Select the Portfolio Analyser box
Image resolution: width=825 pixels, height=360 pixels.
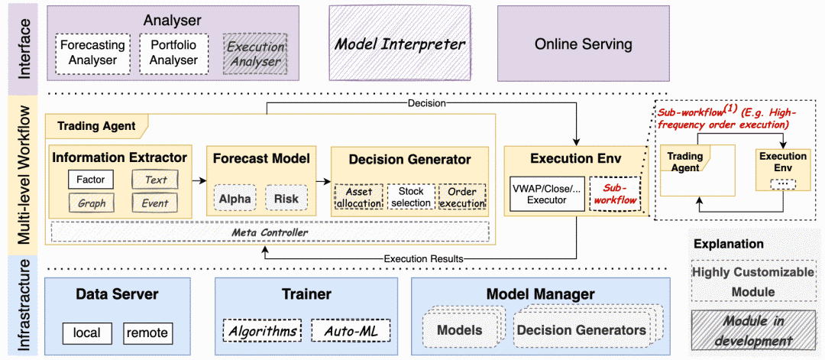pos(173,54)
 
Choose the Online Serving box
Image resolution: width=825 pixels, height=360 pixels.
pos(583,44)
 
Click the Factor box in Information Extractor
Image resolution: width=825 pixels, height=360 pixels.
pos(90,180)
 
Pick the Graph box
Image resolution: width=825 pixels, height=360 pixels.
pos(90,203)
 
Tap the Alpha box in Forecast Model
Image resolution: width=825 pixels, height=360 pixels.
pos(235,198)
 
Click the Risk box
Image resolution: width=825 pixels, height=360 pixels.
pos(286,198)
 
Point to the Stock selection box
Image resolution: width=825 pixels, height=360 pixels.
pos(410,196)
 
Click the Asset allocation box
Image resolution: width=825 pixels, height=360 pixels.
pos(359,196)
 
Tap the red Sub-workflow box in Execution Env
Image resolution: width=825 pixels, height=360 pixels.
pos(614,193)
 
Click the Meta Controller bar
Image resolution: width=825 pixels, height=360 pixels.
pos(270,232)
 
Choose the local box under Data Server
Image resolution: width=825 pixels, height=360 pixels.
pos(89,332)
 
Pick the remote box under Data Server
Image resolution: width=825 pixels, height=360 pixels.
pos(148,332)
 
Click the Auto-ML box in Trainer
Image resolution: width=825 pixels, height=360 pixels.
pos(350,332)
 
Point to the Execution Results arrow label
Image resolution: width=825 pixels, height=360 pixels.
pos(423,258)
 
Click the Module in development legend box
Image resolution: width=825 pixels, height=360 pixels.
pos(751,330)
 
